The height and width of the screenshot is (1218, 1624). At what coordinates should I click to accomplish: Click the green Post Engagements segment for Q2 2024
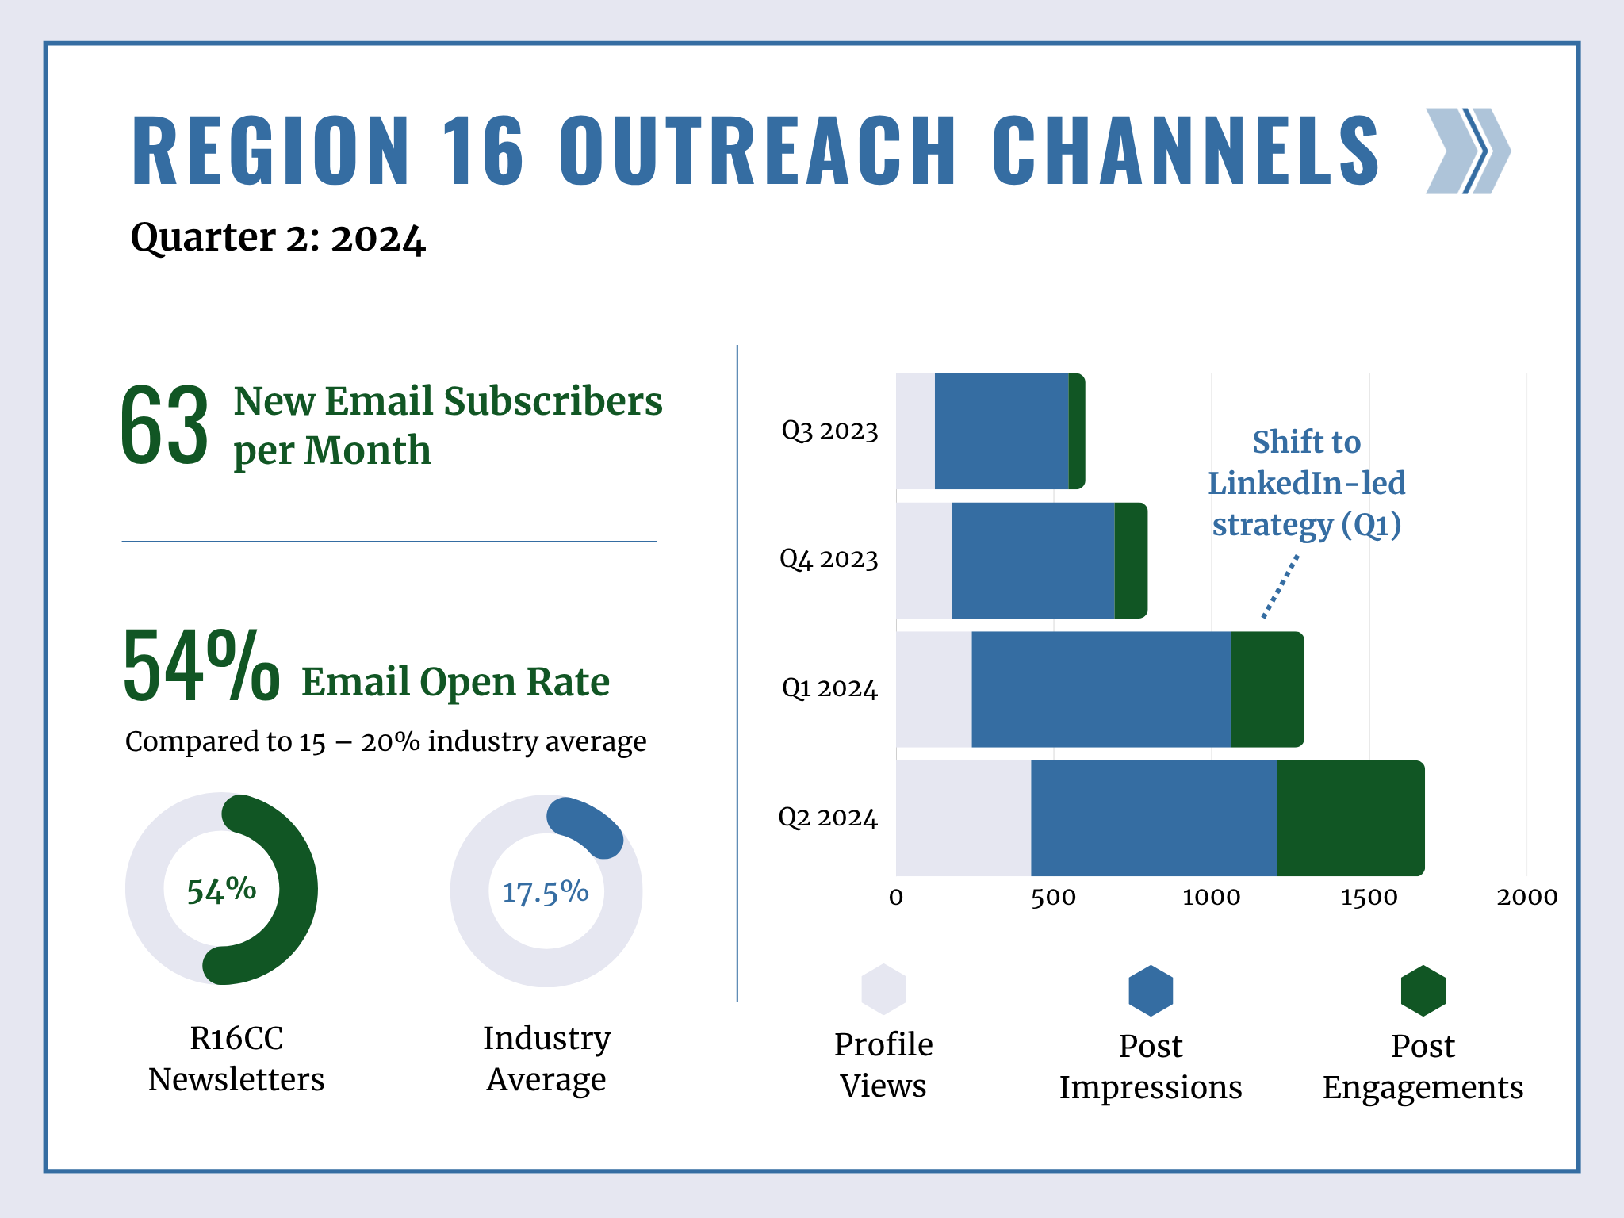1350,818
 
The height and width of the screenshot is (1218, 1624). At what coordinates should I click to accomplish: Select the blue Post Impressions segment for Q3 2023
1002,431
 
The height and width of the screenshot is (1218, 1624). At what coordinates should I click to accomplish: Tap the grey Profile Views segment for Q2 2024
963,818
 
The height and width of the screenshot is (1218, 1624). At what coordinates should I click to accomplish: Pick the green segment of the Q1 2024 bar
1266,689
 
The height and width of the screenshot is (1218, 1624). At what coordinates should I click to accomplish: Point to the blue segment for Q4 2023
1033,561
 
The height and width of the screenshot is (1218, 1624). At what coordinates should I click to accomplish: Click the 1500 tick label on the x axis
1369,898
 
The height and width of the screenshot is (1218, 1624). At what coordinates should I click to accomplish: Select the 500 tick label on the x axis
1053,898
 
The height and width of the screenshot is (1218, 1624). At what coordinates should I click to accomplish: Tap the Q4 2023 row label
829,560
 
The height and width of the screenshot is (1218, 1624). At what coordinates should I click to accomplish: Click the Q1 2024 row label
829,688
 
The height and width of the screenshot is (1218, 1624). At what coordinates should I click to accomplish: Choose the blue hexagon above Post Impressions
1151,990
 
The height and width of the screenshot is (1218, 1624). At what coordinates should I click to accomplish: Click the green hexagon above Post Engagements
1423,990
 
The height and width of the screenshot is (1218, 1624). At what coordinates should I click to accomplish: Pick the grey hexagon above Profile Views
883,990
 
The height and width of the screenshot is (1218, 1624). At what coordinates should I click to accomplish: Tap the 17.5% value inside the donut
546,892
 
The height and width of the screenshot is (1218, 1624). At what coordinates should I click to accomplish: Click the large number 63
165,426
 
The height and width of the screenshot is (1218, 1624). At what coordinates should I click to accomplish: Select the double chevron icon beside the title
1468,151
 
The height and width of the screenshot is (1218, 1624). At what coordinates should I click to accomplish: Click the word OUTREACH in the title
757,151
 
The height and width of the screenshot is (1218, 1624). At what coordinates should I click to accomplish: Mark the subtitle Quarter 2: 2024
278,238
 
